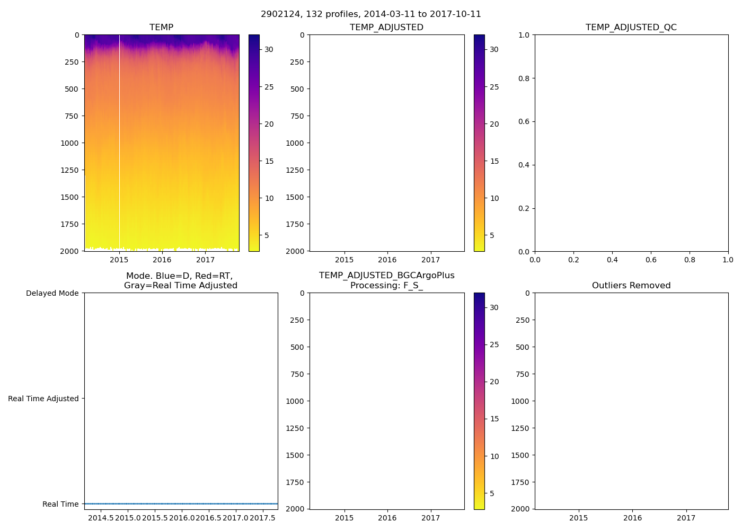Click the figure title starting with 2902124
(x=371, y=14)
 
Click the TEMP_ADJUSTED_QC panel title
(x=631, y=27)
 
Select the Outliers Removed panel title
(x=631, y=286)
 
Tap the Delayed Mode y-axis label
(x=52, y=293)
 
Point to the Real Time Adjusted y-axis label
(x=43, y=399)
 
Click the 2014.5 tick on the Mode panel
(x=101, y=518)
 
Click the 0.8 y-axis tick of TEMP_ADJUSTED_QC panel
(x=523, y=78)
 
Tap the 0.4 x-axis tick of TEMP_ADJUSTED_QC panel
(x=612, y=260)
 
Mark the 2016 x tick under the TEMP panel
(x=162, y=260)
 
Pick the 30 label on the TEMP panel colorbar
(x=269, y=49)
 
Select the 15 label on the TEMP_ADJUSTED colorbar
(x=494, y=161)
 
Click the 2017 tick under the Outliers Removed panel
(x=686, y=518)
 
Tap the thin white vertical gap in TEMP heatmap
(x=119, y=143)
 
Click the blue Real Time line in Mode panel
(x=180, y=503)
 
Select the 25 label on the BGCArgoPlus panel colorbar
(x=494, y=344)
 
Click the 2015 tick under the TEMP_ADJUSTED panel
(x=344, y=260)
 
